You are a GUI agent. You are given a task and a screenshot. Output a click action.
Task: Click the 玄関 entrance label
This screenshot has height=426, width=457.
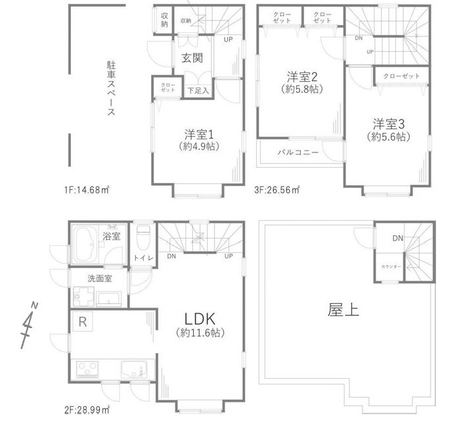click(191, 59)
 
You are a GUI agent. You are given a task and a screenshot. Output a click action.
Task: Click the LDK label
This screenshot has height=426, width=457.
click(200, 318)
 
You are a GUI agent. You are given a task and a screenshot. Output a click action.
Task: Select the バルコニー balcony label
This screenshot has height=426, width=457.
click(297, 152)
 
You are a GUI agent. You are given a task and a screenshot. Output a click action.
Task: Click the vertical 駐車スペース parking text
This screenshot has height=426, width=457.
click(112, 89)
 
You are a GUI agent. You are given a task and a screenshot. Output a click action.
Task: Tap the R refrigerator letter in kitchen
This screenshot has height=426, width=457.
click(83, 322)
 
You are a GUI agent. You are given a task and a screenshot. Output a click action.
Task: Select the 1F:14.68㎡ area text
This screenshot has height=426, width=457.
click(86, 190)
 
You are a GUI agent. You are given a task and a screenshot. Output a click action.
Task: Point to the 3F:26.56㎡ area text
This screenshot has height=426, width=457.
click(277, 190)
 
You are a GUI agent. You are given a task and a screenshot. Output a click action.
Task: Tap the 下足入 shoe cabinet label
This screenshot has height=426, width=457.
click(198, 91)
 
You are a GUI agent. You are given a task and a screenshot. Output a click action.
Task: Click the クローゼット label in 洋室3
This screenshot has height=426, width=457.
click(401, 76)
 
